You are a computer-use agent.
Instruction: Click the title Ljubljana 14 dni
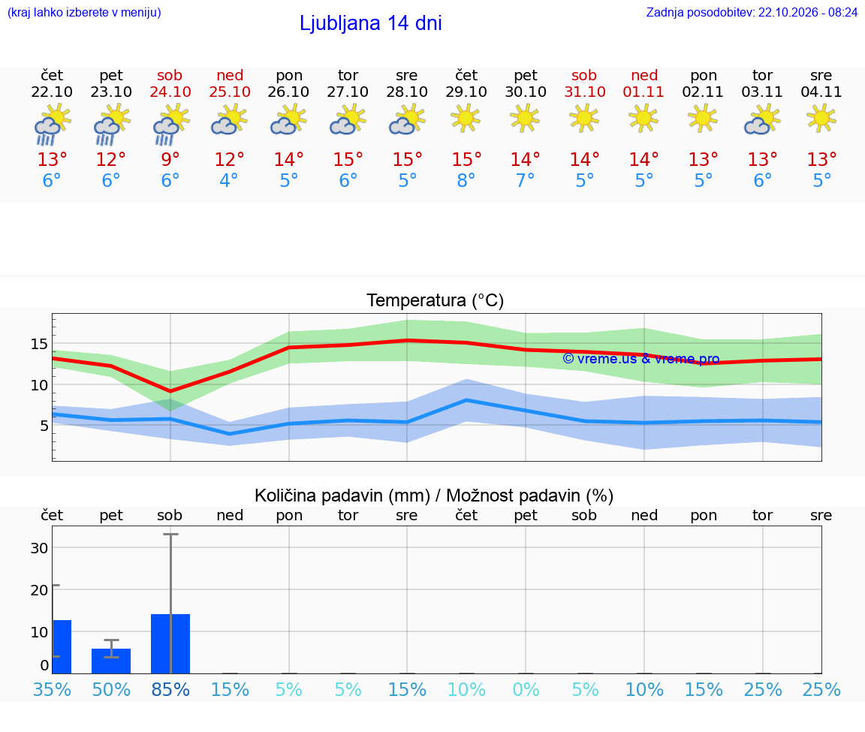coord(370,23)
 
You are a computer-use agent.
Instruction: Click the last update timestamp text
coord(752,12)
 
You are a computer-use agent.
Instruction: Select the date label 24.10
coord(170,92)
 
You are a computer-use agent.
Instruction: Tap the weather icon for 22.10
coord(53,125)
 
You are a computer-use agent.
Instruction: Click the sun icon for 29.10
coord(466,118)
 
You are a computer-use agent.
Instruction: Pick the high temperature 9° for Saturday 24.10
coord(170,159)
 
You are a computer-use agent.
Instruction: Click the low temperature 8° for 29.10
coord(466,180)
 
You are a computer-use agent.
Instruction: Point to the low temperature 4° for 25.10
coord(229,180)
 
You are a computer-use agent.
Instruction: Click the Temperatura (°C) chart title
coord(436,300)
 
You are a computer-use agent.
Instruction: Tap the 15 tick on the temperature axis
coord(39,344)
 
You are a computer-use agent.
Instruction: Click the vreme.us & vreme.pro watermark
coord(641,359)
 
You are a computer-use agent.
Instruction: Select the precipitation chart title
coord(433,496)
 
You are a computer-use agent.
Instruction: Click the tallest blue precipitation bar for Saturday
coord(170,643)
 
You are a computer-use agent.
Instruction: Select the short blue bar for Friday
coord(111,661)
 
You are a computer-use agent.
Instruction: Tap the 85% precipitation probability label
coord(170,689)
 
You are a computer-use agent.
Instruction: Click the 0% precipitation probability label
coord(526,689)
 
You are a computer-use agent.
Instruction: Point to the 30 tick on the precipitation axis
coord(39,548)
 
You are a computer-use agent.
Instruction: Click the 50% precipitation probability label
coord(111,689)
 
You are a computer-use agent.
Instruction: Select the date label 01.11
coord(643,92)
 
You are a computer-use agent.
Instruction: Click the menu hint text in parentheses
coord(84,12)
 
